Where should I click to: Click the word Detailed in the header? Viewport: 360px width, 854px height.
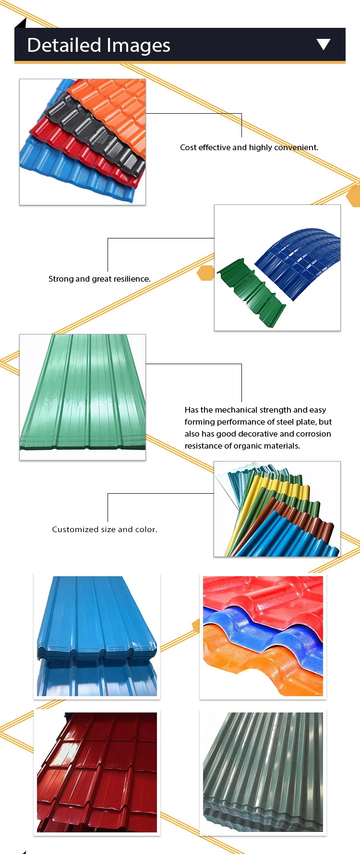click(64, 45)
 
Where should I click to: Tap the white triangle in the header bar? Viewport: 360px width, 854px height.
click(324, 44)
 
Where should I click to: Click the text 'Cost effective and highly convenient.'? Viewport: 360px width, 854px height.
click(249, 147)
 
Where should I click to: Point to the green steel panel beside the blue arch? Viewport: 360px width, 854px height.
click(250, 293)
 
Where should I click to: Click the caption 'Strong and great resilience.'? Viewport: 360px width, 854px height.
click(99, 279)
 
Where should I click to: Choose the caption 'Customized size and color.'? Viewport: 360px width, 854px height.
click(105, 529)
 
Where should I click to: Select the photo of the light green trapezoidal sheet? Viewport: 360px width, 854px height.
click(83, 397)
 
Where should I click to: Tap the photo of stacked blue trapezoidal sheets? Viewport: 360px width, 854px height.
click(97, 636)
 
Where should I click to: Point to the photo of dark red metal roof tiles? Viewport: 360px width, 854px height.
click(97, 772)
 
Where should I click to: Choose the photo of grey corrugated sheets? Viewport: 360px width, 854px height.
click(263, 772)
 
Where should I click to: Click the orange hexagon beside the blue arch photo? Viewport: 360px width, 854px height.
click(205, 273)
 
